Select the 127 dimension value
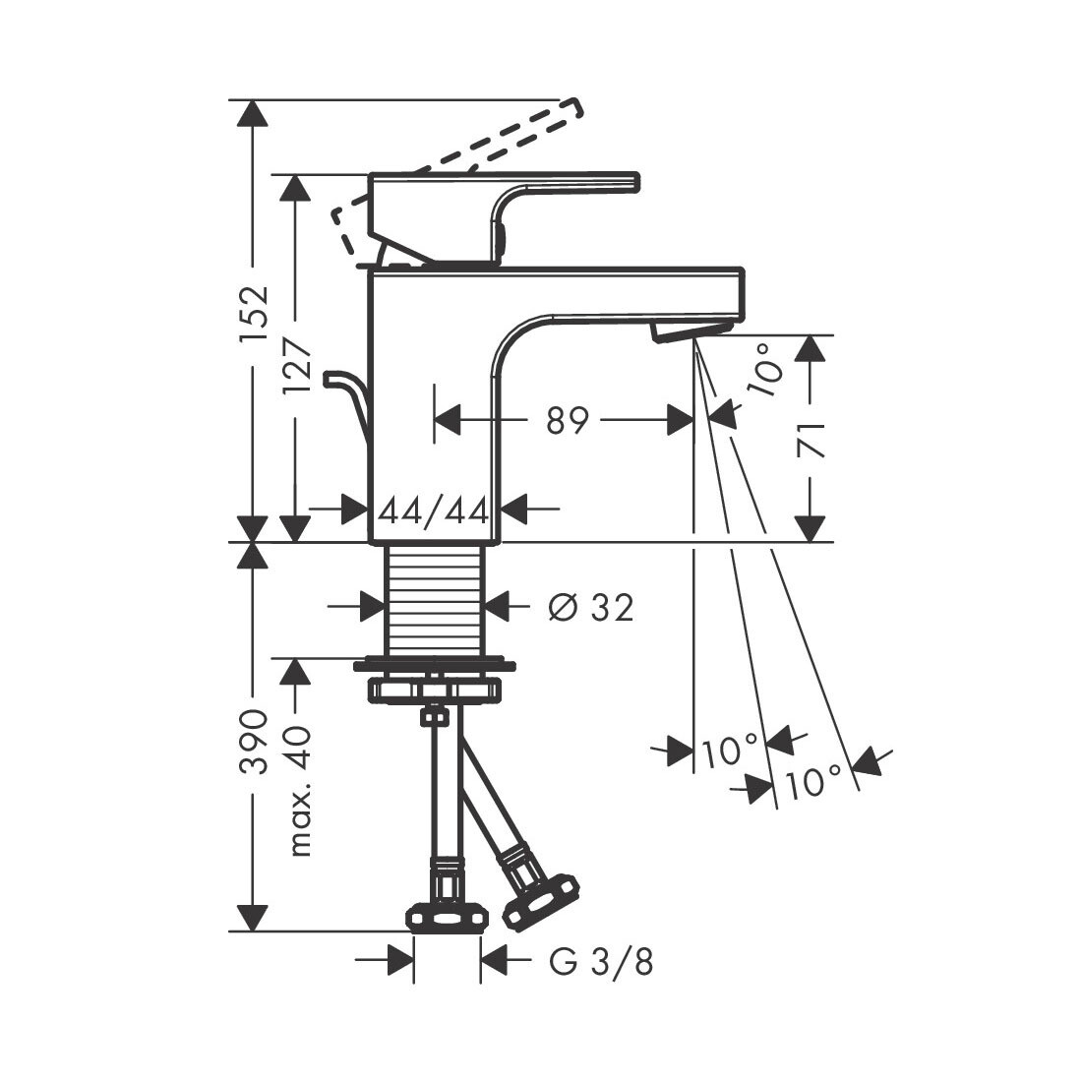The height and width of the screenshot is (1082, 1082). pos(297,366)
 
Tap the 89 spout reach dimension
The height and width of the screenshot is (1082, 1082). pos(568,420)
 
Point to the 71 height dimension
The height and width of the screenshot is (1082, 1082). pos(811,441)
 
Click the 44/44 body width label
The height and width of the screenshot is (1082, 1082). pos(434,511)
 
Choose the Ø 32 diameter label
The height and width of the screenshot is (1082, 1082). pos(591,608)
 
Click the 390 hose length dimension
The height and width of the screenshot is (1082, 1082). pos(254,741)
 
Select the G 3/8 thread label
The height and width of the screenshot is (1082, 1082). pos(601,961)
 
